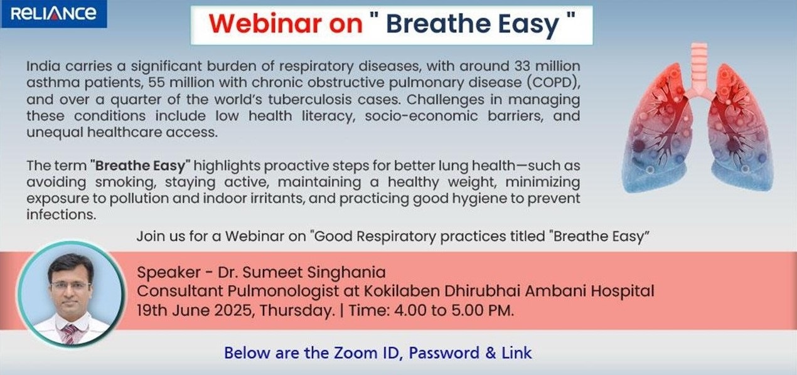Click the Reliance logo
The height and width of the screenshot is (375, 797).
point(53,14)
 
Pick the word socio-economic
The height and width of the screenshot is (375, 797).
point(421,116)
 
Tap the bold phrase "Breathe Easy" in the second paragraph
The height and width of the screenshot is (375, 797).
point(141,166)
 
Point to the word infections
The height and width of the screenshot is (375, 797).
point(62,214)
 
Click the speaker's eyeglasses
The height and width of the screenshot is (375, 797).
point(70,286)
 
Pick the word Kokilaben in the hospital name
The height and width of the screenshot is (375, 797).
point(401,291)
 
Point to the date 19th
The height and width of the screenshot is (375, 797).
point(152,310)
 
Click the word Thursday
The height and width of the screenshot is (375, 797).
point(297,311)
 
